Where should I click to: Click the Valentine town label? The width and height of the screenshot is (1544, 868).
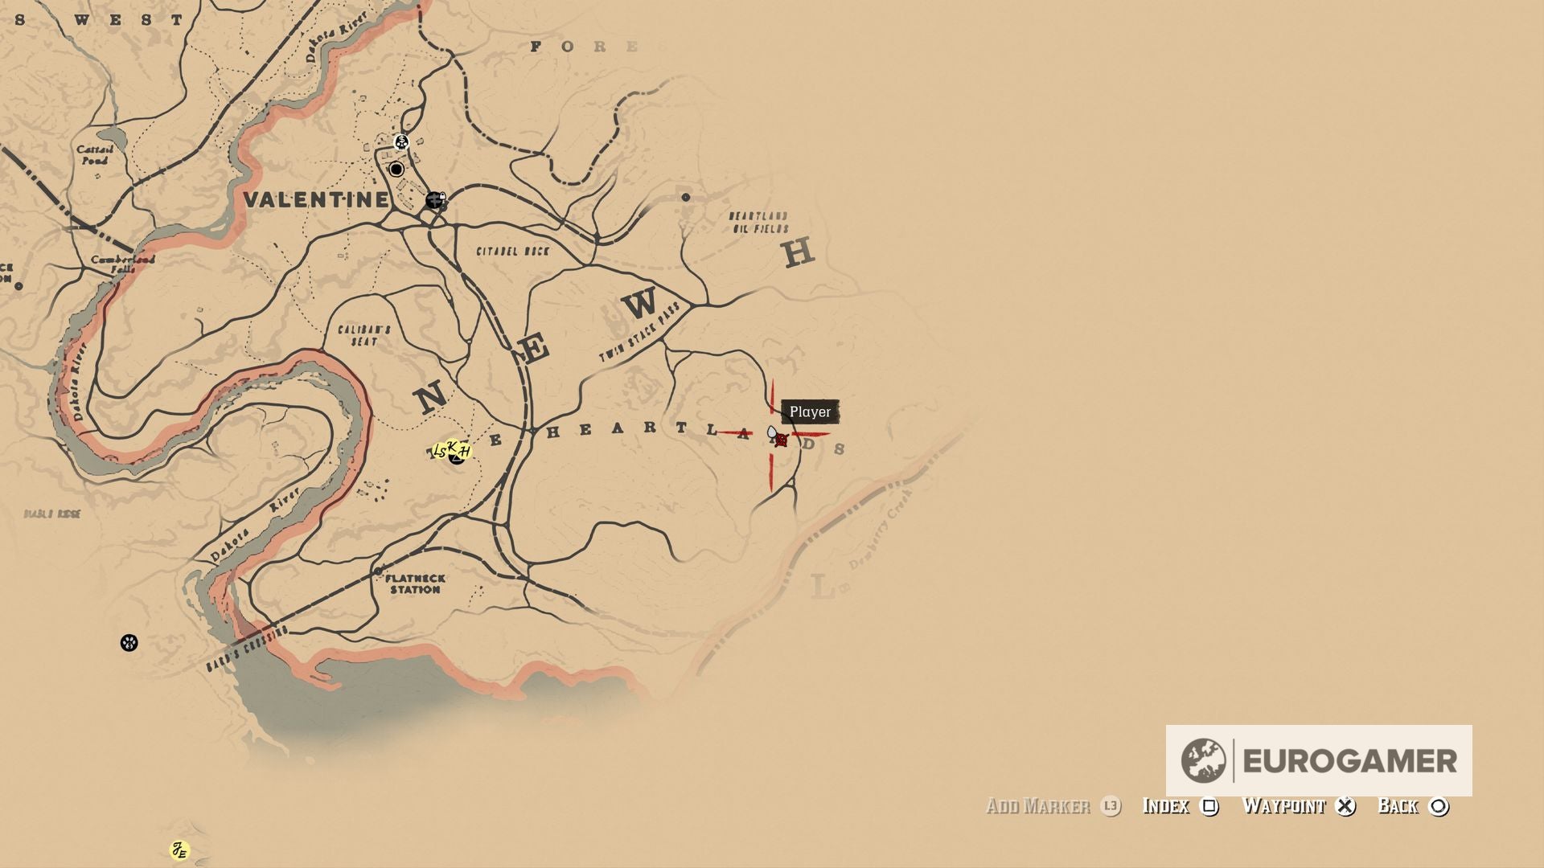pos(316,200)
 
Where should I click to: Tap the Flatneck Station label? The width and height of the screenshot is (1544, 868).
pos(415,584)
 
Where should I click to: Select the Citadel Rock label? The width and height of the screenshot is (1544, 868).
pos(513,252)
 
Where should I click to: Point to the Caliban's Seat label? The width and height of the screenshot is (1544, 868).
pos(364,336)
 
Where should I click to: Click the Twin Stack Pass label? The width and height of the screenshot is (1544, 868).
pos(640,333)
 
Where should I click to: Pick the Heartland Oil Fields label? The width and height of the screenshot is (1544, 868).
pos(759,223)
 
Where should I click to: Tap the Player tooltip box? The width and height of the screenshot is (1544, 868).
pos(810,412)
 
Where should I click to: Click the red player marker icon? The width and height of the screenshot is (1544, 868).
pos(781,440)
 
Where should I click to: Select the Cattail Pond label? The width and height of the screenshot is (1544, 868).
pos(95,155)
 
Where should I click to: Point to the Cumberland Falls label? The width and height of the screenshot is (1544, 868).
pos(122,264)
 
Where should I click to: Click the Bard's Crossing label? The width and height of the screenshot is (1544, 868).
pos(247,649)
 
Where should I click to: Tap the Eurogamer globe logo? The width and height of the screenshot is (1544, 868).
pos(1203,760)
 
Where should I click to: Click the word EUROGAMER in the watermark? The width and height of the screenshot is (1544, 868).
pos(1349,761)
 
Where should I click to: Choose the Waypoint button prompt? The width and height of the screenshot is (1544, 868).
pos(1298,806)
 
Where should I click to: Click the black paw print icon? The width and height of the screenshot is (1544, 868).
pos(129,643)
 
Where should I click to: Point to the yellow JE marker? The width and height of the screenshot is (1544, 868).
pos(179,850)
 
